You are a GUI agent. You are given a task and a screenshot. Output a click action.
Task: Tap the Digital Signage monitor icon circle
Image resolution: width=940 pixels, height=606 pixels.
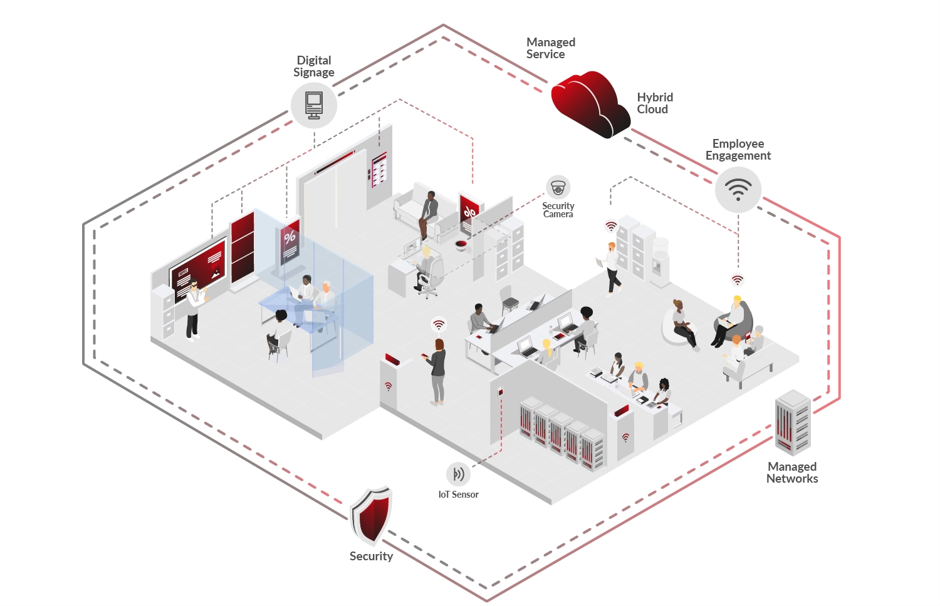[x=314, y=105]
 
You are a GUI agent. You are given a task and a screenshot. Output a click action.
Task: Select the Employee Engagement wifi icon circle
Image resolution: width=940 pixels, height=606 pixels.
[x=738, y=189]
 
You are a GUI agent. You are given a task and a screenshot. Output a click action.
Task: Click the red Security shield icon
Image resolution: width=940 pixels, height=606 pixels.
[x=371, y=516]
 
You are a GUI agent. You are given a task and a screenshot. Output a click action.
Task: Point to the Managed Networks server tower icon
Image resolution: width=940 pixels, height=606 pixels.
[x=793, y=423]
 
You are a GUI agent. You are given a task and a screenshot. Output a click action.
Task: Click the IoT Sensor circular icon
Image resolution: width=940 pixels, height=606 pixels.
[x=458, y=474]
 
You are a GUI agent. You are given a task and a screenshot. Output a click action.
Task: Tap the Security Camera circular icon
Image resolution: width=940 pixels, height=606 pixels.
[x=558, y=188]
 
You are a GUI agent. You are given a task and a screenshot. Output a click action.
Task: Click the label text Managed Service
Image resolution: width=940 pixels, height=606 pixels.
[x=550, y=48]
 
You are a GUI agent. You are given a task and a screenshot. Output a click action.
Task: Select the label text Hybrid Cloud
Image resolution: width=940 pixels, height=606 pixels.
[x=654, y=103]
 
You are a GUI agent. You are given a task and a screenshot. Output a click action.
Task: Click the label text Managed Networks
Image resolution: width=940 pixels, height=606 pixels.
[x=792, y=473]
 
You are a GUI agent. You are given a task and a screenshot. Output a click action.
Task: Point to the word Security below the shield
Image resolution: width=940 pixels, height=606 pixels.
[x=371, y=556]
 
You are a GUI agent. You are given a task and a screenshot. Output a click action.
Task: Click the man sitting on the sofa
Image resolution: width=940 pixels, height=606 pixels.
[x=428, y=213]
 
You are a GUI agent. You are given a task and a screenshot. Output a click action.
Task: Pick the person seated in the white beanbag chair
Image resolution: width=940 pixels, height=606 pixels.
[x=682, y=323]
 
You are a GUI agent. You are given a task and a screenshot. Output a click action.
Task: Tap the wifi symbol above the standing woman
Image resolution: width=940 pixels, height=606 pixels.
[x=439, y=324]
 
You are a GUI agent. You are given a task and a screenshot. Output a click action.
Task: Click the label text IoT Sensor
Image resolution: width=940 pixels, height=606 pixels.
[x=458, y=495]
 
